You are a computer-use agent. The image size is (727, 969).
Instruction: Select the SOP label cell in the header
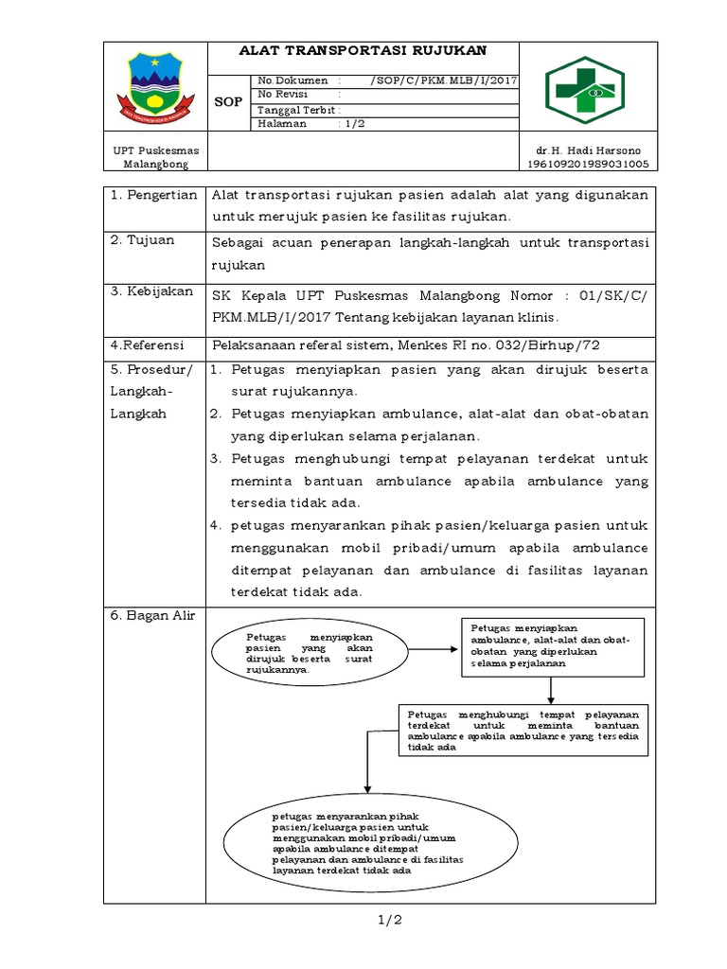coord(228,102)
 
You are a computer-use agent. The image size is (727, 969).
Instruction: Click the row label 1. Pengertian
coord(153,195)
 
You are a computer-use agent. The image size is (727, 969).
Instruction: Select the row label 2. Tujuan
coord(143,240)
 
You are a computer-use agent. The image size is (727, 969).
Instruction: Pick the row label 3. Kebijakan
coord(152,291)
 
